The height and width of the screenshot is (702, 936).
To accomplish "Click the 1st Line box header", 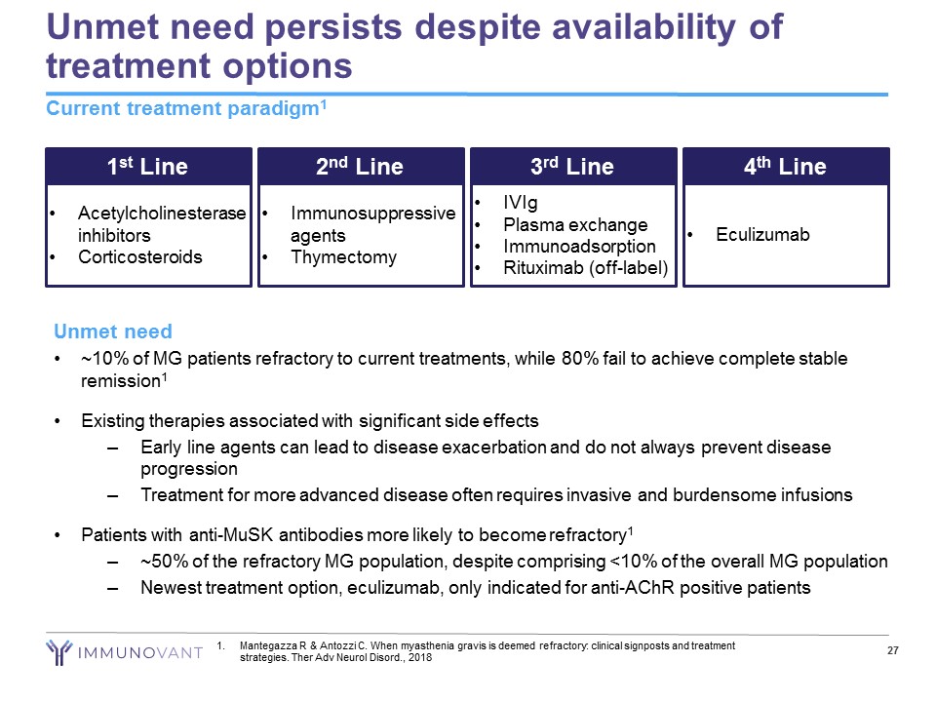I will [x=148, y=167].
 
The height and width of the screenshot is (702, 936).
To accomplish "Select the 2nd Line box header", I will [x=360, y=167].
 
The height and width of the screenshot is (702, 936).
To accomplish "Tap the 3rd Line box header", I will [x=572, y=167].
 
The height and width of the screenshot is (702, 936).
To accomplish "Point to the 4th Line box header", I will [x=786, y=167].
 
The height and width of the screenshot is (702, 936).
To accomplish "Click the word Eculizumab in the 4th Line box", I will [x=762, y=235].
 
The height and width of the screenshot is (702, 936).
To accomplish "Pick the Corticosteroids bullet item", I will [x=140, y=257].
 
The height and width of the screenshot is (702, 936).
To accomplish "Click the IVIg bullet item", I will [x=521, y=204].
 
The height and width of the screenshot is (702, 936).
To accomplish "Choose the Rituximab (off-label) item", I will [x=585, y=267].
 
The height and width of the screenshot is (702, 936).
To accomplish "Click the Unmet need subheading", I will [x=113, y=332].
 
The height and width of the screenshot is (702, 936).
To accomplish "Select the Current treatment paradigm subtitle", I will [x=184, y=109].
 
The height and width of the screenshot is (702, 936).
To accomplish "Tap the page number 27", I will [x=891, y=651].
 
